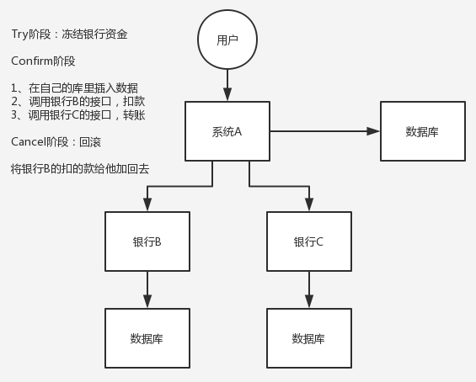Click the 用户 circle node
pyautogui.click(x=227, y=40)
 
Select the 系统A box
pyautogui.click(x=227, y=131)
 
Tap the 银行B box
pyautogui.click(x=147, y=241)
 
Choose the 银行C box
pyautogui.click(x=309, y=241)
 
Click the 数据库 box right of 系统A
pyautogui.click(x=423, y=131)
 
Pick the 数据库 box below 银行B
pyautogui.click(x=147, y=338)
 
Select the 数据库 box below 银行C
pyautogui.click(x=309, y=338)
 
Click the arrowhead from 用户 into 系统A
pyautogui.click(x=227, y=94)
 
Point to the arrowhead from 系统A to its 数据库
pyautogui.click(x=373, y=131)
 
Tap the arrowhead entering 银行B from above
pyautogui.click(x=147, y=204)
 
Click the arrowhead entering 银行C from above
pyautogui.click(x=309, y=204)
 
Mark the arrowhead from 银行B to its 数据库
pyautogui.click(x=147, y=301)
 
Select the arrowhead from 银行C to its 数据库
pyautogui.click(x=309, y=301)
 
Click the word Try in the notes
pyautogui.click(x=19, y=34)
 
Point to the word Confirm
pyautogui.click(x=32, y=61)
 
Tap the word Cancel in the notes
pyautogui.click(x=29, y=141)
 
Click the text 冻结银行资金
pyautogui.click(x=94, y=34)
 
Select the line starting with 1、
pyautogui.click(x=74, y=88)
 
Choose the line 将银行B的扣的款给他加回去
pyautogui.click(x=80, y=168)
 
